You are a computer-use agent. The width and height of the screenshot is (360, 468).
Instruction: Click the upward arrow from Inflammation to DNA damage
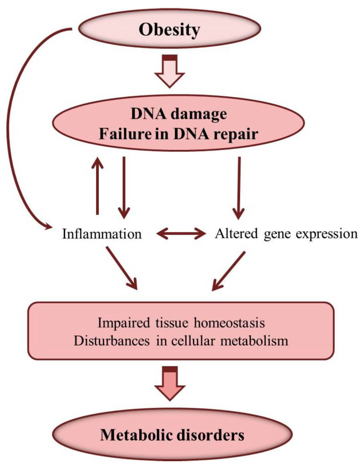click(96, 186)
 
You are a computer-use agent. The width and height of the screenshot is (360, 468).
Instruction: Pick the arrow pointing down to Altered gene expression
click(239, 186)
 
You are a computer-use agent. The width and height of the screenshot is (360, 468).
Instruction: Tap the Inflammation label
click(102, 233)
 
